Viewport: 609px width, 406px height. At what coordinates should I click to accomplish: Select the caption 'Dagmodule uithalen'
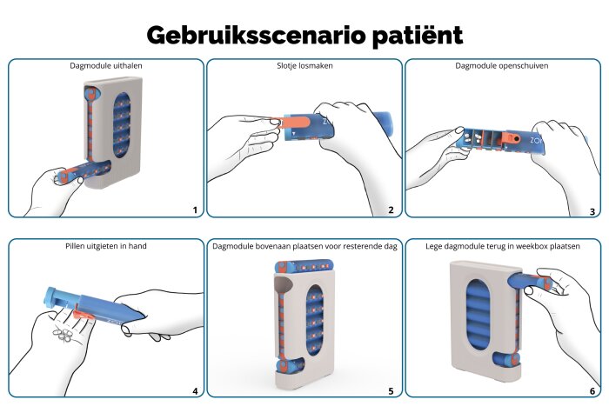click(x=106, y=65)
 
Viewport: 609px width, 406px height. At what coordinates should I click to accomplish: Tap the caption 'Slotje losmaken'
click(x=304, y=65)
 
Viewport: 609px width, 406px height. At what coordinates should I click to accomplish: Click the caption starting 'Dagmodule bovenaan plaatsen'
click(x=304, y=246)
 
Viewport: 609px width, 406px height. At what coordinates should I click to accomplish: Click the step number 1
click(x=195, y=210)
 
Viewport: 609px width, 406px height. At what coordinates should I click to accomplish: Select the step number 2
click(x=391, y=210)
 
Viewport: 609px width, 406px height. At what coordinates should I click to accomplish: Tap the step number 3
click(x=592, y=210)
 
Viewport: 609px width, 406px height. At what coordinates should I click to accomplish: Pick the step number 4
click(x=195, y=391)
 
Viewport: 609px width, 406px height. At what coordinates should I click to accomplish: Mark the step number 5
click(x=391, y=391)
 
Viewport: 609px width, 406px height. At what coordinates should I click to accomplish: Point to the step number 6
click(x=592, y=391)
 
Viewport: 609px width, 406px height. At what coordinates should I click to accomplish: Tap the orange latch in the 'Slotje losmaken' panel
click(x=296, y=127)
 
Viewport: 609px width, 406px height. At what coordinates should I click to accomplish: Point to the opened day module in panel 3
click(x=496, y=139)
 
